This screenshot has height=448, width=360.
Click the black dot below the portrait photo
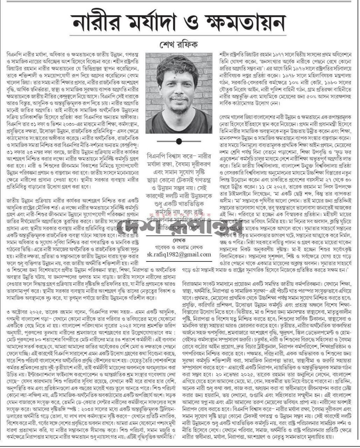coord(179,141)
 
